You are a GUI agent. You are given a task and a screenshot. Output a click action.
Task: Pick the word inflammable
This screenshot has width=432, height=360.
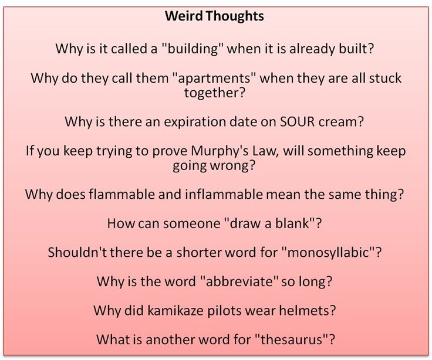(262, 195)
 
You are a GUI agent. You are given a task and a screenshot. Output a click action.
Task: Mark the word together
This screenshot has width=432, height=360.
(215, 92)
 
